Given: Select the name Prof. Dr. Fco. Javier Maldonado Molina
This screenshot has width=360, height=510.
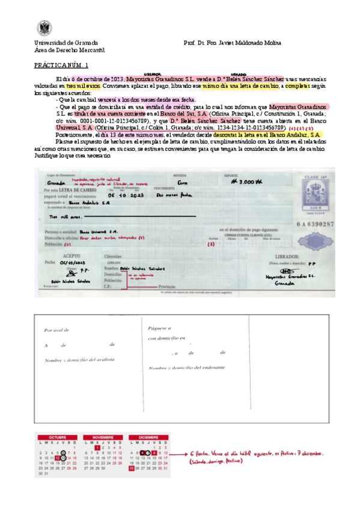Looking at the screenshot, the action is [x=232, y=43].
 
